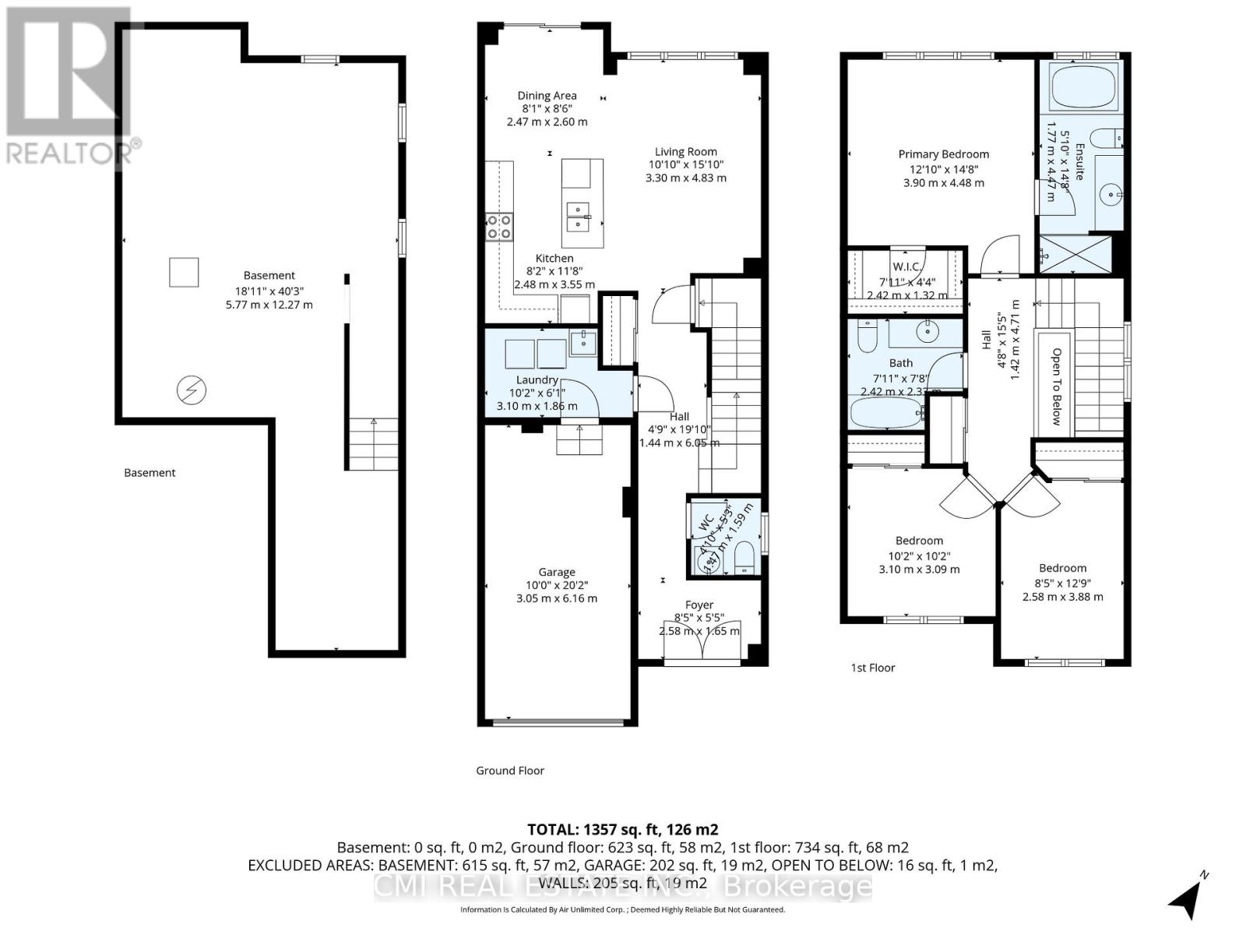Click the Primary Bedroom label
coord(943,154)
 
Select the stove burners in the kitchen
coord(499,227)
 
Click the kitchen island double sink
coord(577,216)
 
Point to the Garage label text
coord(557,572)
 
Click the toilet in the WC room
coord(744,558)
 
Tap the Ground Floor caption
coord(510,771)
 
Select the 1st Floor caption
coord(872,668)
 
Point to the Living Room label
coord(685,152)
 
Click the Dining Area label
coord(547,96)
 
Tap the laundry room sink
coord(583,341)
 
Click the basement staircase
coord(373,444)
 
